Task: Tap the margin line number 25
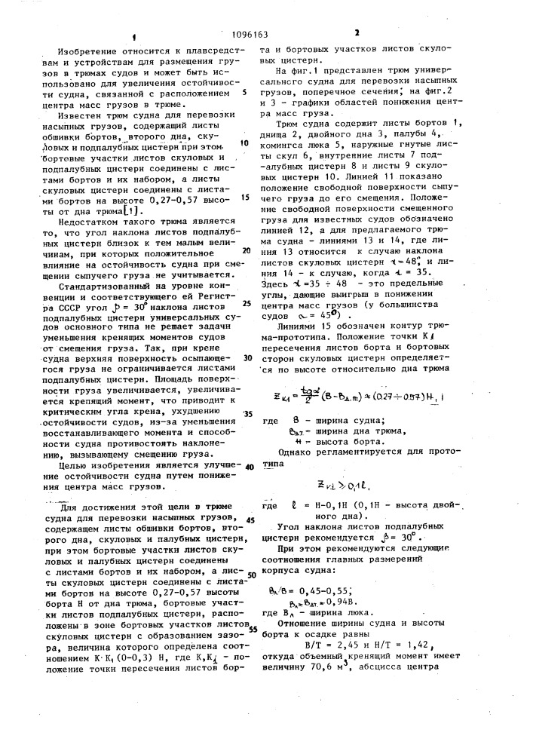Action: (x=245, y=303)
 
